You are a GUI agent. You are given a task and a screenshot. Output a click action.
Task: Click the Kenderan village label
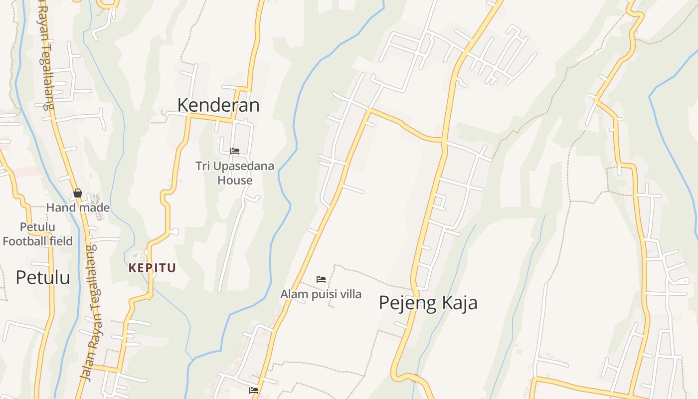(218, 105)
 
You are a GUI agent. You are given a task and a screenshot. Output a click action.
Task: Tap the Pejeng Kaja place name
(428, 303)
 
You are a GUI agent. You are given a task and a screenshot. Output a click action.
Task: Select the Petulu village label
(43, 277)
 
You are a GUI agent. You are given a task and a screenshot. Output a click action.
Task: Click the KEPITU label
(152, 268)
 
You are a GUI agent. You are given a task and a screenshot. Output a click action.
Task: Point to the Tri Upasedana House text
(235, 173)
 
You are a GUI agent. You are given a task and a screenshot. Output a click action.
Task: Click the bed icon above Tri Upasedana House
(235, 151)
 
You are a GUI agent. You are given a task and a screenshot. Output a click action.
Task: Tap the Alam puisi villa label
(321, 294)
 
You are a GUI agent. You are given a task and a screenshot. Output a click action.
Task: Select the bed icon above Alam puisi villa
(321, 279)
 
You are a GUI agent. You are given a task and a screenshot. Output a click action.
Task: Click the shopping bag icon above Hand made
(78, 193)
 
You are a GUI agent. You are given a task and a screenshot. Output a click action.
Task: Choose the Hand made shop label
(78, 207)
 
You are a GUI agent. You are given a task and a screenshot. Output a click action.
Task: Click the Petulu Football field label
(38, 234)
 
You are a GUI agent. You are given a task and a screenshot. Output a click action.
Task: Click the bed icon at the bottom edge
(254, 391)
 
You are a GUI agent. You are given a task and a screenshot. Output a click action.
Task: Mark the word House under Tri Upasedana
(235, 180)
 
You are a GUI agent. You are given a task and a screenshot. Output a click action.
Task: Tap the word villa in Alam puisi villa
(349, 294)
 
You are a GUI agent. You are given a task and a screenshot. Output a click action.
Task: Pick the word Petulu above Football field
(38, 227)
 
